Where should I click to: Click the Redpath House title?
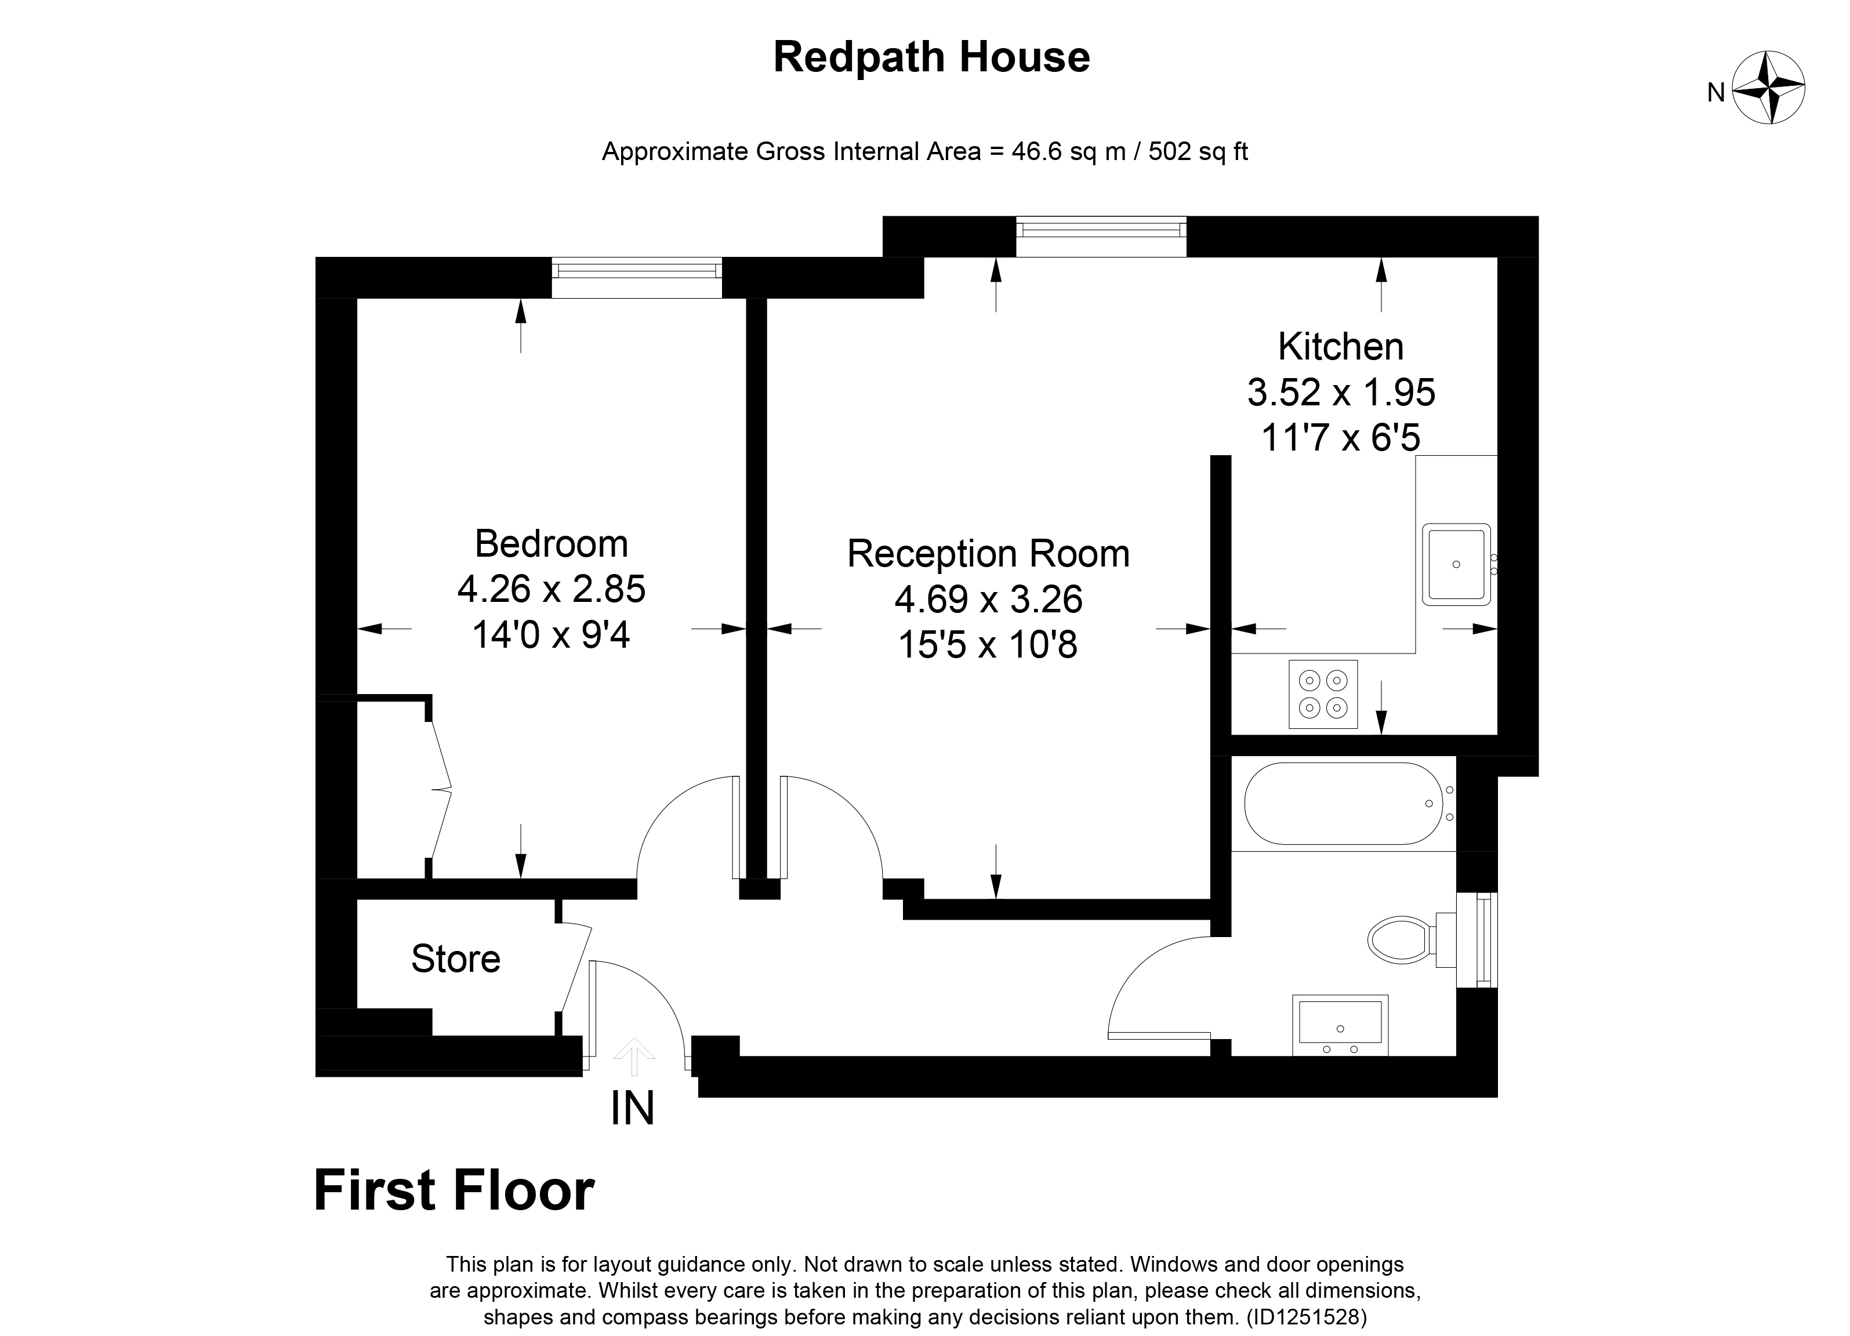(x=931, y=57)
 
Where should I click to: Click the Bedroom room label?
(x=552, y=544)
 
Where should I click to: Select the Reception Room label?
(x=988, y=554)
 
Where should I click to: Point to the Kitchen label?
(x=1340, y=347)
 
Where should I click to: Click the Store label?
(x=455, y=959)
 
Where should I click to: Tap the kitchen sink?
(x=1456, y=564)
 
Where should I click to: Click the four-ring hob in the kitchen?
(x=1323, y=694)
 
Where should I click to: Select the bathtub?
(x=1342, y=803)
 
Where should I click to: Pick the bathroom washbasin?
(x=1340, y=1025)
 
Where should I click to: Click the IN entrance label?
(x=632, y=1109)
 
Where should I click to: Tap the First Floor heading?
(x=454, y=1191)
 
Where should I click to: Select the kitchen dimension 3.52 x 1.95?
(x=1340, y=393)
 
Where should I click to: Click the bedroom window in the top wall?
(x=636, y=277)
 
